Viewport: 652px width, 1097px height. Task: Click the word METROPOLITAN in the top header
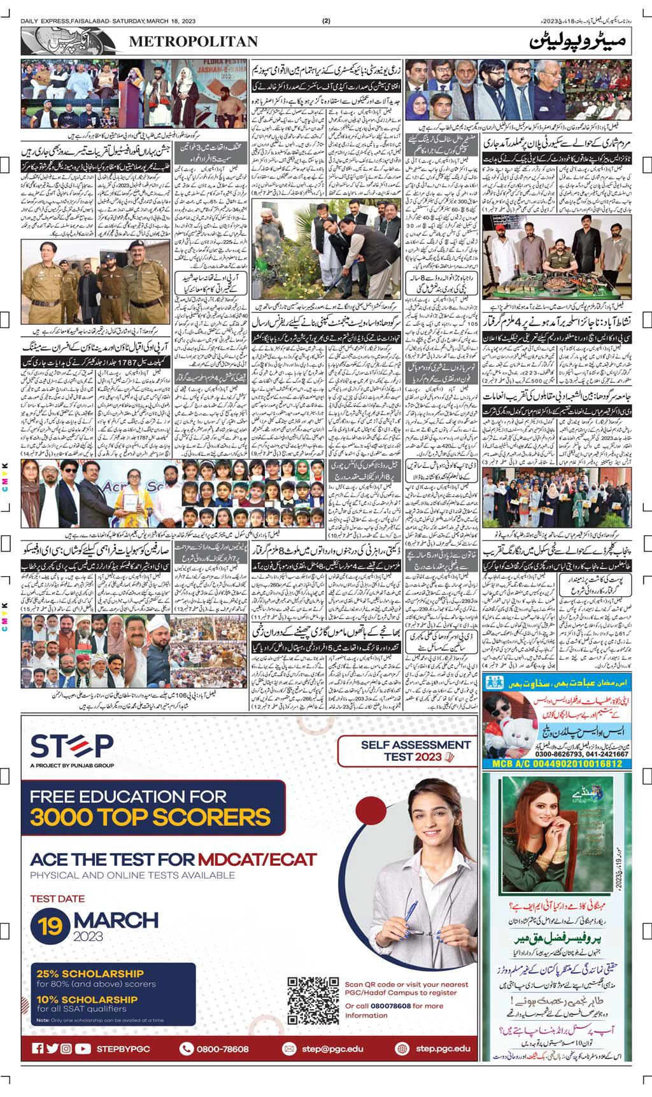click(194, 41)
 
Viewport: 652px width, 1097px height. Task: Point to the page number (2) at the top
click(326, 21)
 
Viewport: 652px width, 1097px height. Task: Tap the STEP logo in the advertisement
click(72, 746)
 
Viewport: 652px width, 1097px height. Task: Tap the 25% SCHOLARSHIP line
click(90, 973)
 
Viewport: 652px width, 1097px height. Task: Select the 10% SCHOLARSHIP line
click(87, 1000)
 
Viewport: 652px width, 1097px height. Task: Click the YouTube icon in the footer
click(82, 1049)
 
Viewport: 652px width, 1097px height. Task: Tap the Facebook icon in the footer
click(38, 1049)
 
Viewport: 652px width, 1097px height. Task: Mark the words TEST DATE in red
click(57, 899)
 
